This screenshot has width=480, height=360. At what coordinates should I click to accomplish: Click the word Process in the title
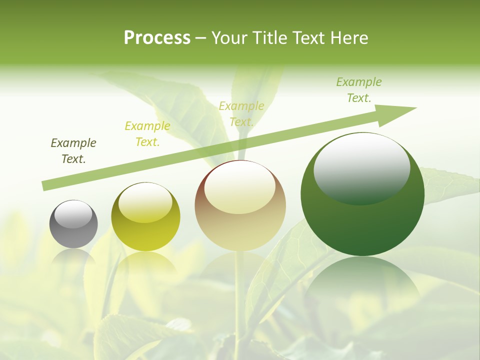[157, 38]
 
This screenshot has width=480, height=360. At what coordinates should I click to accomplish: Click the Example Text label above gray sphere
[73, 151]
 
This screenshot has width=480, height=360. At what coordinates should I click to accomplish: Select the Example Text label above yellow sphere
[147, 134]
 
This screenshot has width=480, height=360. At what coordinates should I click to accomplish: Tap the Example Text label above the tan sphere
[241, 113]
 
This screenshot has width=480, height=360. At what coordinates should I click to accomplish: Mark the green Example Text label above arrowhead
[359, 90]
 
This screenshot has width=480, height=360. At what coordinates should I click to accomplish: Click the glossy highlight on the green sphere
[361, 167]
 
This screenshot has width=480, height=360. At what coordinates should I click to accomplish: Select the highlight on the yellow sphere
[145, 202]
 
